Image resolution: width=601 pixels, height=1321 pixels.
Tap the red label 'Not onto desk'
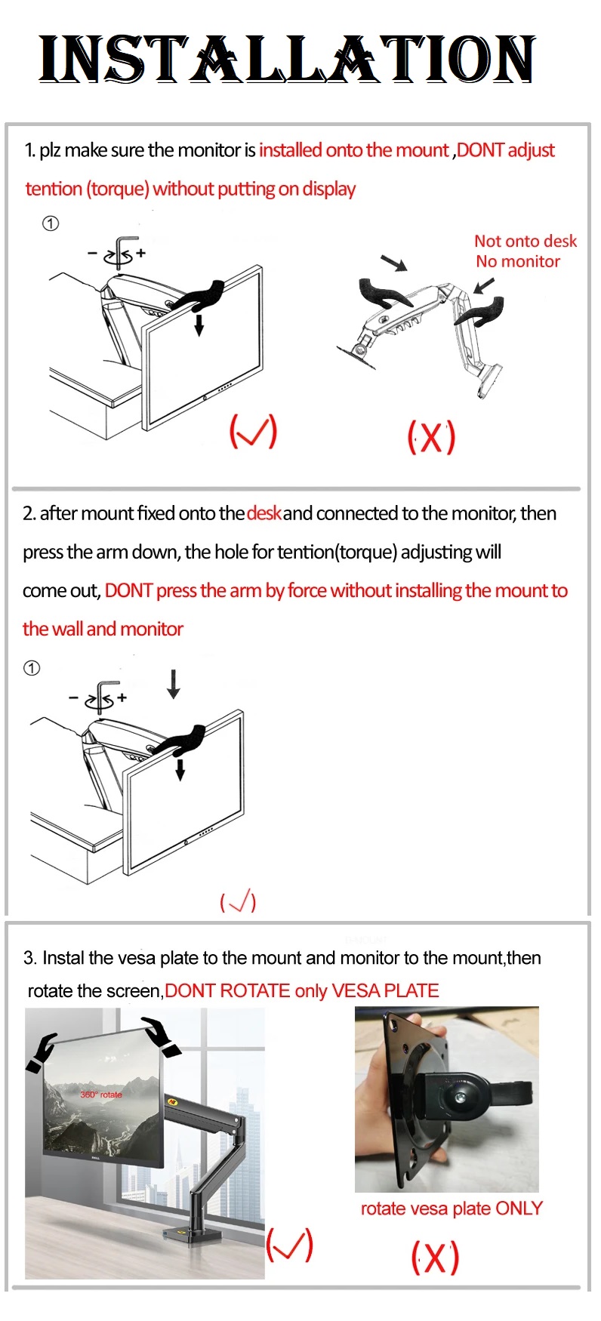[525, 242]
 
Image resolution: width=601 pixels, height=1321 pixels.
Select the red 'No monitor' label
[518, 262]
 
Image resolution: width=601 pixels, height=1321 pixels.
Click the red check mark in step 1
[253, 431]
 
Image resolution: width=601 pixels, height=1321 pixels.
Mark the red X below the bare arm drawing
[431, 437]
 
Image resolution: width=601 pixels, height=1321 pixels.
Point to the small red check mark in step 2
[238, 902]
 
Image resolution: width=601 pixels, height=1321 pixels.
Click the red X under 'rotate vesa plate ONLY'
[435, 1258]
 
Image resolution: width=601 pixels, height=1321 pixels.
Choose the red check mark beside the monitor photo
[289, 1245]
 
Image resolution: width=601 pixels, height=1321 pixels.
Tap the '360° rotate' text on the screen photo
[101, 1095]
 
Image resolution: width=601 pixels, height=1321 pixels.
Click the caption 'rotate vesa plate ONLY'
[452, 1209]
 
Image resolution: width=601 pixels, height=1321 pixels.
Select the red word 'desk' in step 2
[264, 514]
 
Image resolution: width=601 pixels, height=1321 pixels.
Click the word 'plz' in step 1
[50, 150]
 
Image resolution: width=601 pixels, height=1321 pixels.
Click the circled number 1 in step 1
[51, 223]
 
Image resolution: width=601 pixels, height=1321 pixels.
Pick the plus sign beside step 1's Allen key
[140, 253]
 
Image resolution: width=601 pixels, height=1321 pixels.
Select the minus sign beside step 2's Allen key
[73, 697]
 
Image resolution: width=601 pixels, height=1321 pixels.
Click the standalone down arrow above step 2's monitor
[174, 683]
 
